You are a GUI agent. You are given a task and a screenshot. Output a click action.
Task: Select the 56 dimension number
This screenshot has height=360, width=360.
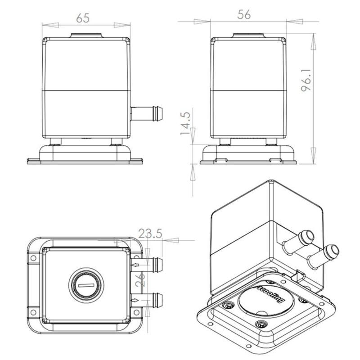coord(243,14)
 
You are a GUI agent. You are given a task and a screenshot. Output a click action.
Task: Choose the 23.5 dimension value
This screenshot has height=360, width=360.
coord(150,234)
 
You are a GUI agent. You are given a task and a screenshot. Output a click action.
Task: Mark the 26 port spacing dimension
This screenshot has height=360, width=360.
coord(141,281)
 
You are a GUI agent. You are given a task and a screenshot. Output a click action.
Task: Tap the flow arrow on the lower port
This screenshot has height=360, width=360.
coord(135,300)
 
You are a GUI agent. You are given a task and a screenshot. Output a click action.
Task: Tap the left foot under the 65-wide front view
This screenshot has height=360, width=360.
coord(56,142)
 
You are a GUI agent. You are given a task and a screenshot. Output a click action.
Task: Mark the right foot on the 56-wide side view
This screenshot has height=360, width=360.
coord(271,142)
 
